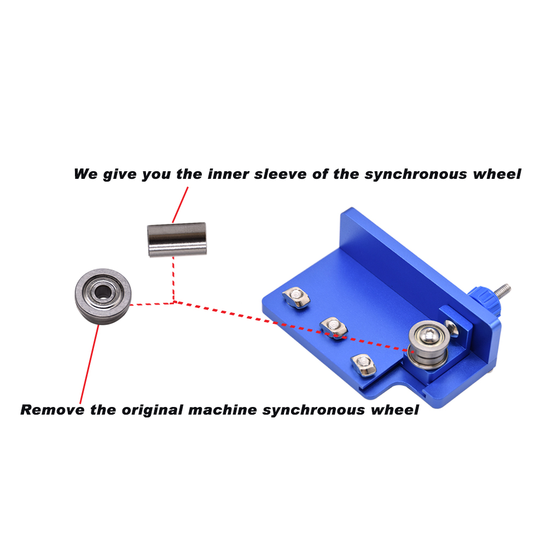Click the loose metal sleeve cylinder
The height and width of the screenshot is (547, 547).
(177, 239)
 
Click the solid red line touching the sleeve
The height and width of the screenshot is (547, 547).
(181, 203)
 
